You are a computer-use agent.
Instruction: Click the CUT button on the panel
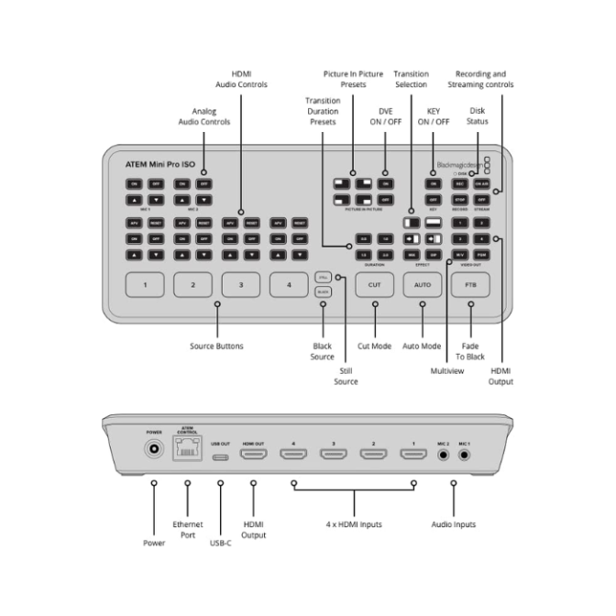(x=374, y=285)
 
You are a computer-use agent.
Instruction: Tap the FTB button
(x=470, y=285)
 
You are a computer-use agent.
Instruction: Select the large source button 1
(x=145, y=285)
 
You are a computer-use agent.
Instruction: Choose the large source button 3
(x=241, y=285)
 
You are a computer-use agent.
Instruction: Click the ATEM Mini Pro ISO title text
(x=159, y=163)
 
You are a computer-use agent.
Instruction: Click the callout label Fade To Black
(x=470, y=351)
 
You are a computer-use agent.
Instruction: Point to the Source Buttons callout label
(x=216, y=346)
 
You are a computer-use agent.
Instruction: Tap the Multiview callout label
(x=446, y=370)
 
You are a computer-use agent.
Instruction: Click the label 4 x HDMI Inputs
(x=353, y=524)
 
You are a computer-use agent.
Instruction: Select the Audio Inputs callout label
(x=454, y=524)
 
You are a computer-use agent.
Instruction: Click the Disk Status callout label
(x=477, y=116)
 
